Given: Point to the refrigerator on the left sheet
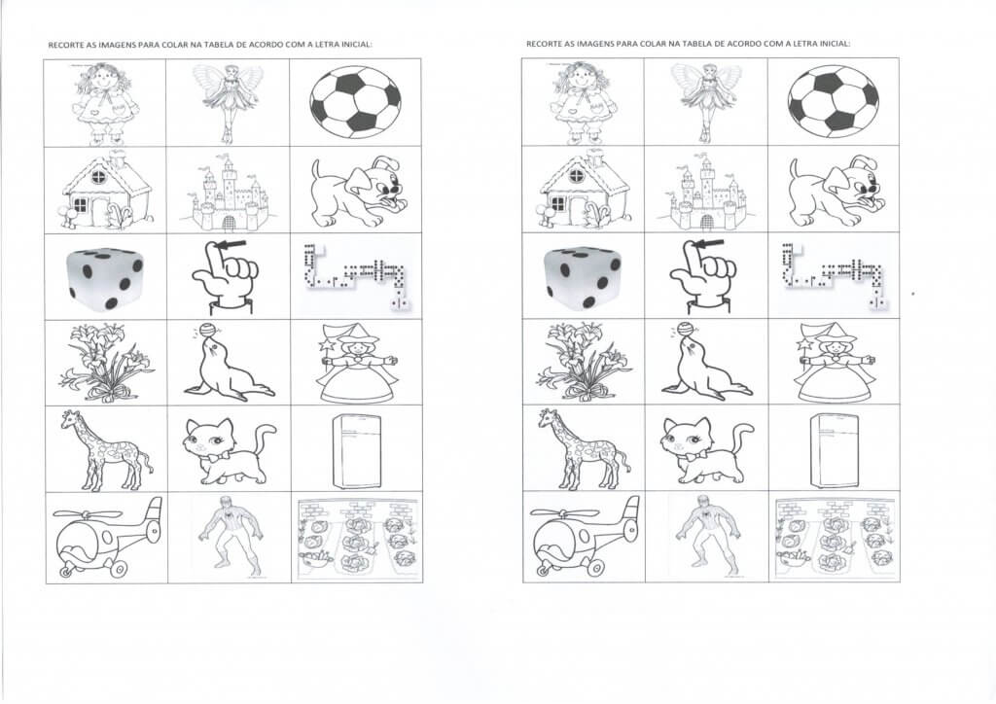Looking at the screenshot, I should coord(349,450).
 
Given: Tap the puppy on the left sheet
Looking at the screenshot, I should coord(353,191).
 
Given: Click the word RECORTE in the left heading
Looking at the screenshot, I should coord(65,44).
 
